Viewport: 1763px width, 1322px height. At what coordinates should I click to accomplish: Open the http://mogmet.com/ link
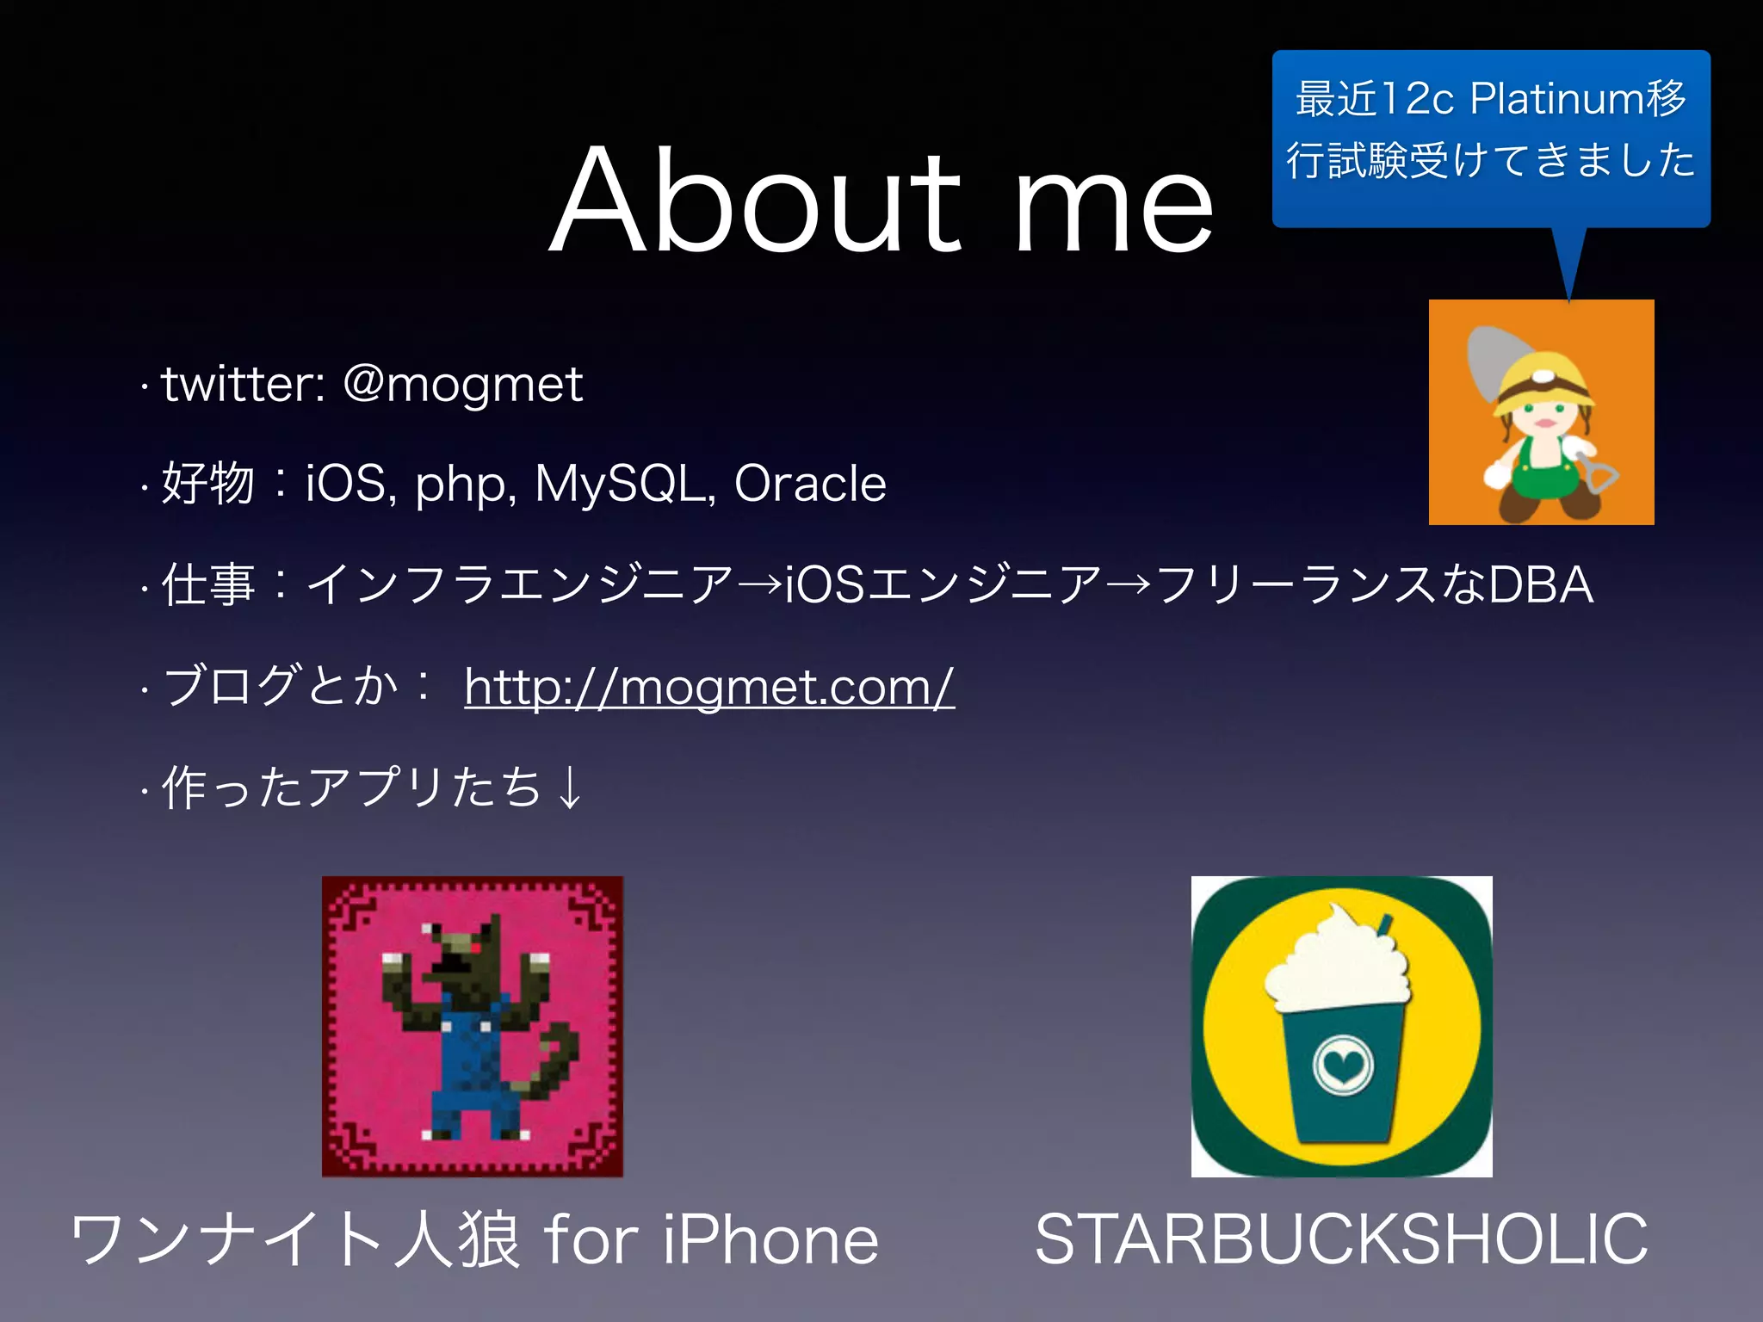tap(708, 687)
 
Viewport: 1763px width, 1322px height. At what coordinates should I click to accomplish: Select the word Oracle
tap(809, 483)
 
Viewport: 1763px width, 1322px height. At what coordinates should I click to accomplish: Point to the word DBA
tap(1540, 584)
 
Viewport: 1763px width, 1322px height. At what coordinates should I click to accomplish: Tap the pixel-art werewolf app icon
tap(472, 1026)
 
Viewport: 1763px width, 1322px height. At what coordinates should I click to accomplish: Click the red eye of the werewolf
tap(474, 948)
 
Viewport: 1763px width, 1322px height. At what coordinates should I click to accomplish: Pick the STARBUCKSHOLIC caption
tap(1340, 1239)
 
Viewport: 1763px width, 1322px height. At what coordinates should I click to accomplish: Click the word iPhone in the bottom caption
tap(770, 1239)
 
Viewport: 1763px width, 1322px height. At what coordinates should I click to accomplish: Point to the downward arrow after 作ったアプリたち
tap(569, 787)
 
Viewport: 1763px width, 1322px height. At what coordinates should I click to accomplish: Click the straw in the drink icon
tap(1383, 925)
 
